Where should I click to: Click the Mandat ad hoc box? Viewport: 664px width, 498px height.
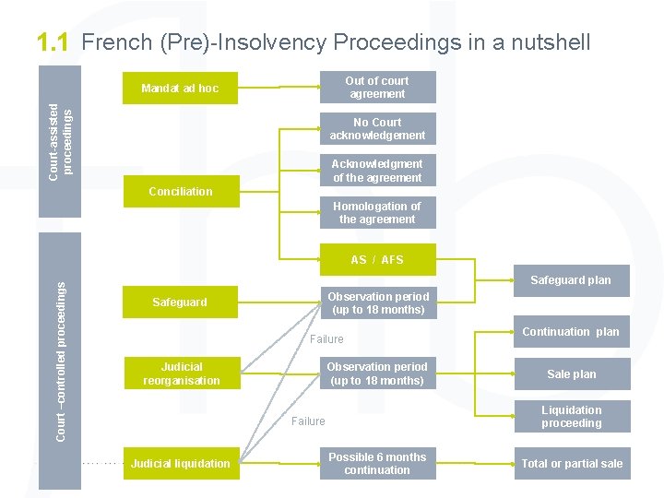(180, 89)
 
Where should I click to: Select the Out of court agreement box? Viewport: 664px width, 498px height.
(377, 88)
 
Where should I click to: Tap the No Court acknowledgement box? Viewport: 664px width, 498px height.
(377, 129)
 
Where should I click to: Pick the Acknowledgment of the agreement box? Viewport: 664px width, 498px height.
(377, 171)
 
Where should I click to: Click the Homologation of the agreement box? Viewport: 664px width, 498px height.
(377, 213)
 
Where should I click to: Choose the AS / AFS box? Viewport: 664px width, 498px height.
(377, 260)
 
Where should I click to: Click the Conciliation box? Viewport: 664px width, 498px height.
(181, 192)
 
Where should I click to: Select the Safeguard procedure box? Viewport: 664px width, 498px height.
(180, 302)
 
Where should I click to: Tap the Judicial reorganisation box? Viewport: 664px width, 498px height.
(182, 373)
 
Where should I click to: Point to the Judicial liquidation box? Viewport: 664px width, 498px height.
(181, 464)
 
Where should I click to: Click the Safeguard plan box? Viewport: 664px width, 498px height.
(571, 280)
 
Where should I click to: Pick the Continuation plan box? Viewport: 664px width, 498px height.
(571, 332)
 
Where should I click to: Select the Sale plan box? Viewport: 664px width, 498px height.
(572, 374)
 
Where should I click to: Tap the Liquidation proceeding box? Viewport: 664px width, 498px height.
(572, 417)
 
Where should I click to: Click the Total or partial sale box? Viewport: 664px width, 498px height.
(572, 464)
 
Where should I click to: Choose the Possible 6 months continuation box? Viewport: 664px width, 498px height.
(377, 464)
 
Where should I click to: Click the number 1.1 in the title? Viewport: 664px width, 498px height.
(53, 42)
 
